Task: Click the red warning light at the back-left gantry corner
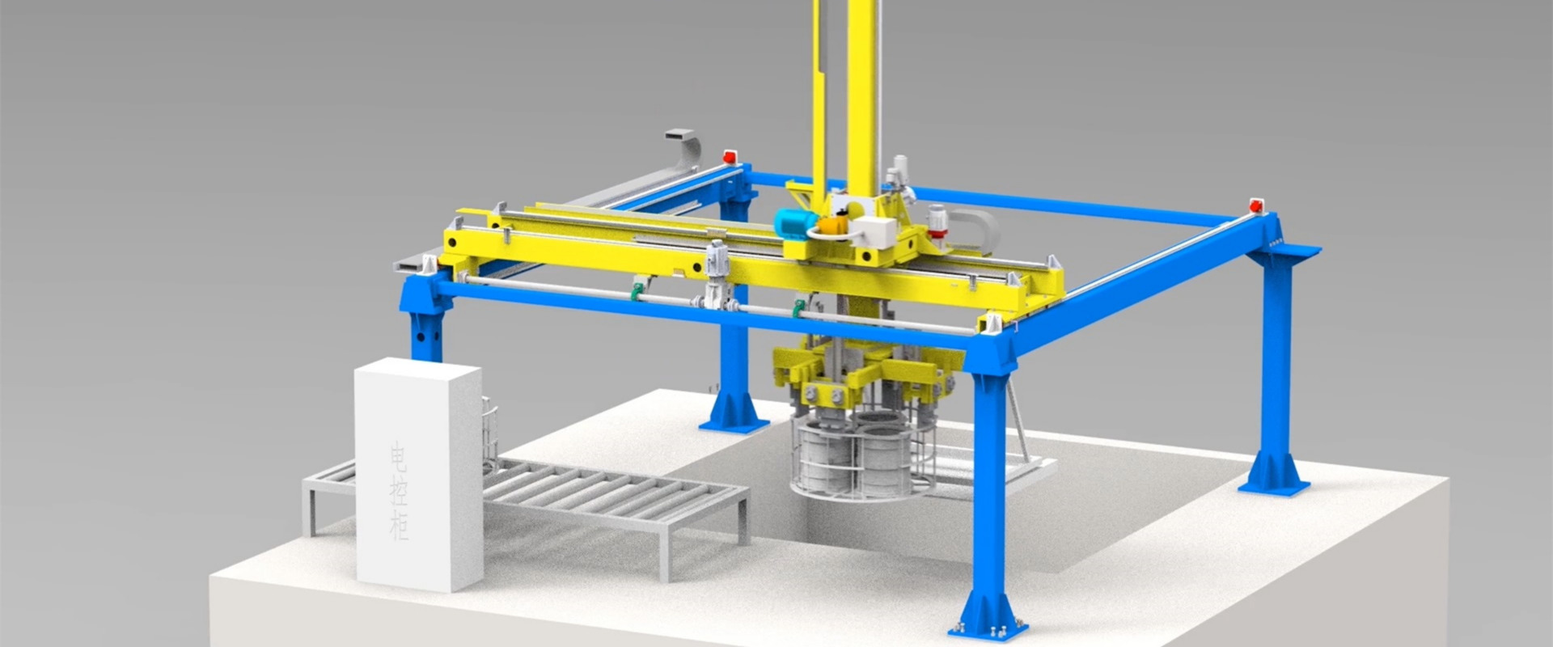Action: pyautogui.click(x=730, y=156)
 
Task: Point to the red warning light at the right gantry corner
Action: pyautogui.click(x=1256, y=205)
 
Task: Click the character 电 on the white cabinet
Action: pyautogui.click(x=399, y=458)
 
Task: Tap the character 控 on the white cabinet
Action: pyautogui.click(x=399, y=493)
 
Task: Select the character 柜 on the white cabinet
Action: pyautogui.click(x=400, y=526)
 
